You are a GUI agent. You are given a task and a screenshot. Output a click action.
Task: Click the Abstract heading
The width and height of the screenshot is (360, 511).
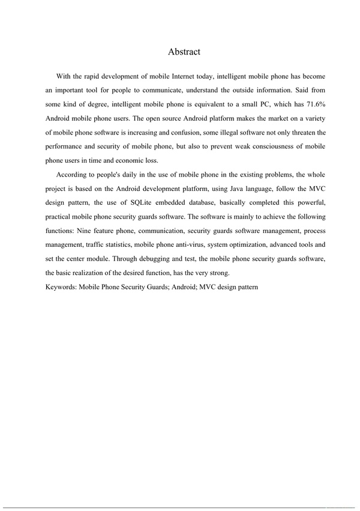184,52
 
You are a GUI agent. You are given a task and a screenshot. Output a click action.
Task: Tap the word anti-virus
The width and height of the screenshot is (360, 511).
228,245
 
